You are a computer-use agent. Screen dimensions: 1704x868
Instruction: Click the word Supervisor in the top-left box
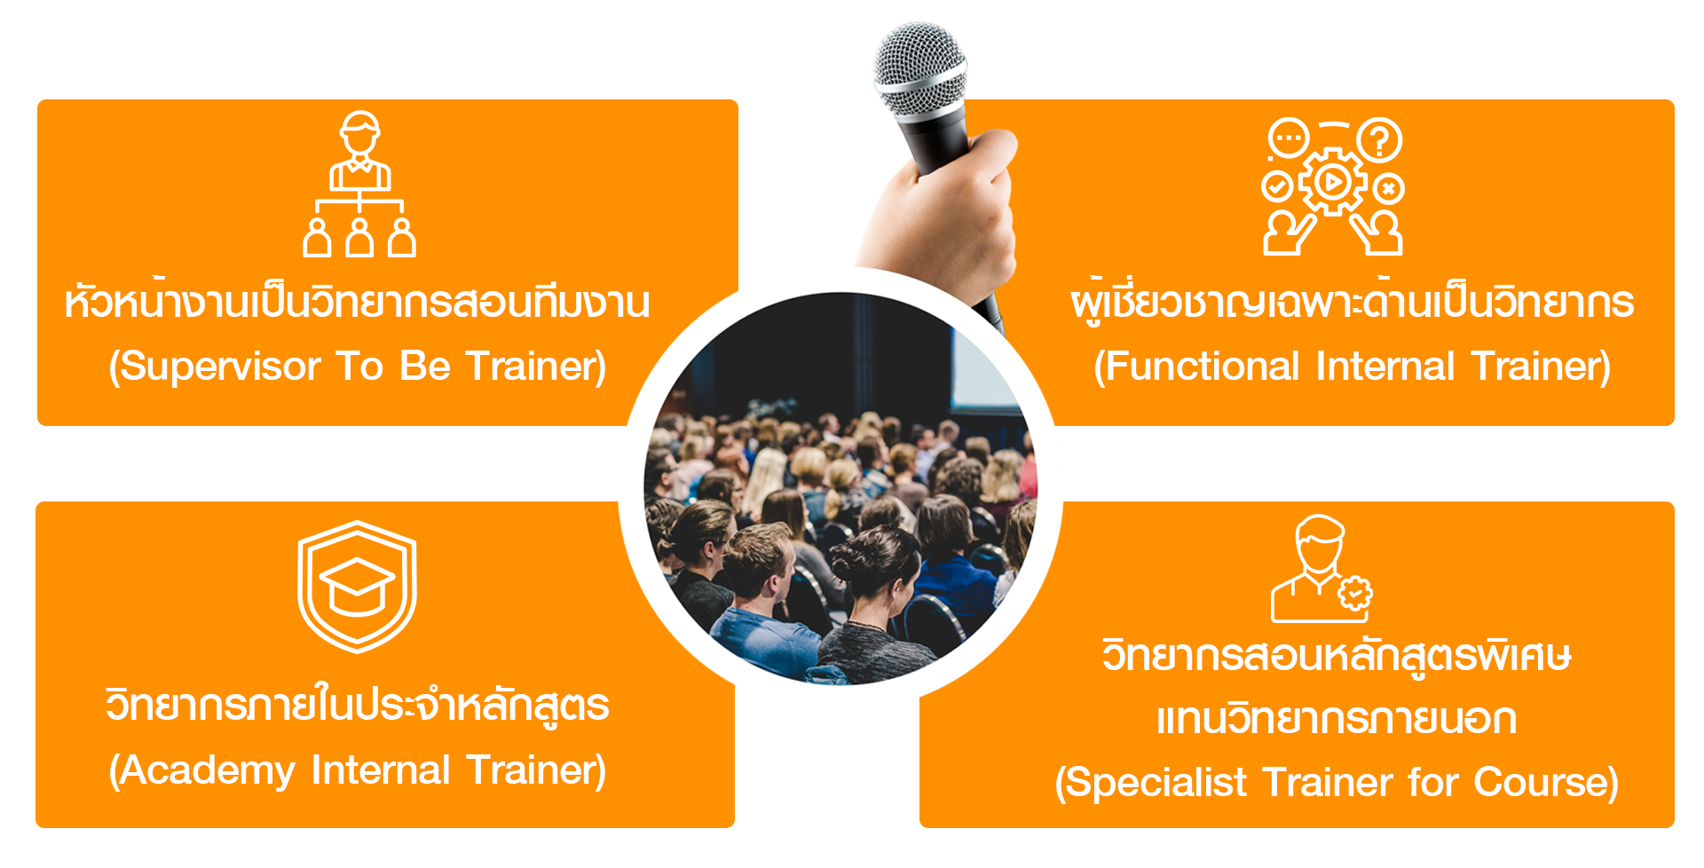[219, 367]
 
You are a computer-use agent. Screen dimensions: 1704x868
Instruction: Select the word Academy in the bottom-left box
[207, 770]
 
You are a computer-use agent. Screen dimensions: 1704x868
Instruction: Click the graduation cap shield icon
[358, 586]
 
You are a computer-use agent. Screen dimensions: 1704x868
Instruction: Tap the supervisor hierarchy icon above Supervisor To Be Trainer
[359, 184]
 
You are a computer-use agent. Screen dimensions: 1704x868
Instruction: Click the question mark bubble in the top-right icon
[1379, 139]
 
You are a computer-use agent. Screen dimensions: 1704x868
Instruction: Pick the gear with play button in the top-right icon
[1331, 182]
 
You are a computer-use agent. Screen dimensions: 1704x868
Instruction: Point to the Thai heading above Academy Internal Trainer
[358, 706]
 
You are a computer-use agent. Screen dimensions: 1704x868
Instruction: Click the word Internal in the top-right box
[1385, 366]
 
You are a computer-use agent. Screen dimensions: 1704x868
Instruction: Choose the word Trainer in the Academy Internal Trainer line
[536, 769]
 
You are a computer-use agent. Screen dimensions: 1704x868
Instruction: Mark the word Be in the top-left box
[425, 366]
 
